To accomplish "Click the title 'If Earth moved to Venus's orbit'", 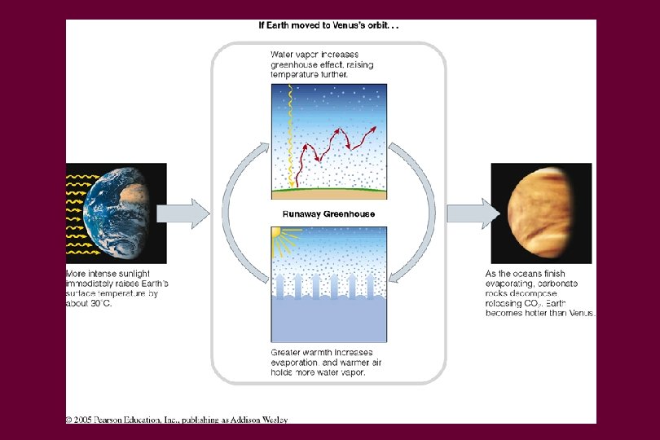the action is (x=328, y=25).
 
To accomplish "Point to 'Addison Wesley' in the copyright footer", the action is (x=261, y=420).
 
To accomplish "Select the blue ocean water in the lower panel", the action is (x=328, y=322).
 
